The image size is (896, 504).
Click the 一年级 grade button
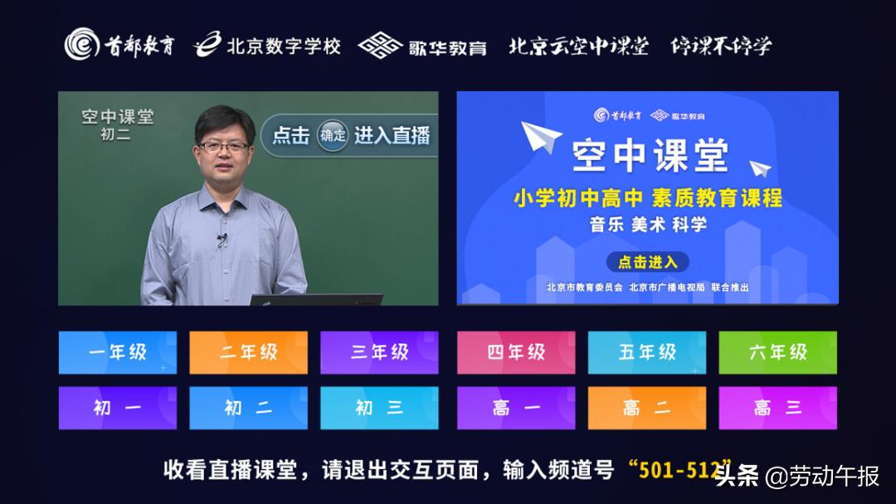click(117, 352)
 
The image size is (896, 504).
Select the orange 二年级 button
click(248, 352)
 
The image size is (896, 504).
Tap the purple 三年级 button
click(379, 352)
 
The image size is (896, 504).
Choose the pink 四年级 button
click(515, 352)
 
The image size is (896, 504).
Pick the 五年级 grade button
click(647, 352)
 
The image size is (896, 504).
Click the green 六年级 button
click(777, 352)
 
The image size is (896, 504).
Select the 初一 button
click(117, 408)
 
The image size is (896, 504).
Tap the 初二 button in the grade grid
click(248, 408)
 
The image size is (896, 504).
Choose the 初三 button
click(379, 408)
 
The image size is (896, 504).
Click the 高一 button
click(515, 408)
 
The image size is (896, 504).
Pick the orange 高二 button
click(647, 408)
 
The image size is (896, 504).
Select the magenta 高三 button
click(777, 408)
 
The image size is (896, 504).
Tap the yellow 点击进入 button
click(647, 263)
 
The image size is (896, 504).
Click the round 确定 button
click(332, 136)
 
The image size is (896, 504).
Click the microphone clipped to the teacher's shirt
click(222, 240)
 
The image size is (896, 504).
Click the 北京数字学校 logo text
click(284, 46)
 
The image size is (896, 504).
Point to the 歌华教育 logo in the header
click(446, 46)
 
